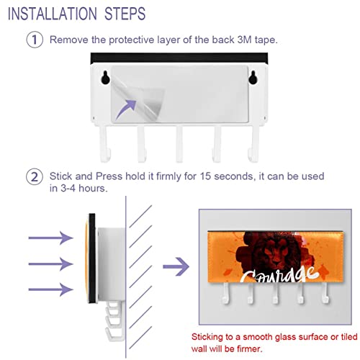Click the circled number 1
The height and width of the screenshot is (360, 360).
35,40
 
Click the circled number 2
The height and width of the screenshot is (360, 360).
35,176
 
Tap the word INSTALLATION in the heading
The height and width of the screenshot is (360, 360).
53,14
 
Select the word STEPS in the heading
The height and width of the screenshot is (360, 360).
125,14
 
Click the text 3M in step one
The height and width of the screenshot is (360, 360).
244,40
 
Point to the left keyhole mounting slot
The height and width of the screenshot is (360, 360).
105,77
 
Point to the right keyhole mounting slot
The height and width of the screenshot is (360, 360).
253,77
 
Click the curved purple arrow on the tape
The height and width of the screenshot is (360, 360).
126,109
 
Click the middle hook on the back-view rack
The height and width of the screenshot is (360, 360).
179,144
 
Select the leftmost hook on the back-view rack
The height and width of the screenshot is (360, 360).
104,144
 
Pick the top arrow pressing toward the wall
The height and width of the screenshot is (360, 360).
51,238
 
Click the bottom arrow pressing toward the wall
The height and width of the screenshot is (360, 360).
51,289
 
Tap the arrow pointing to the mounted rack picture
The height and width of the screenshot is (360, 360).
176,266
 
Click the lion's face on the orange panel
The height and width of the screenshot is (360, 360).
276,254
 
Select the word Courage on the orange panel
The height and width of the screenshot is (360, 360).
280,274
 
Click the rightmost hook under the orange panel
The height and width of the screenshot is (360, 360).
325,293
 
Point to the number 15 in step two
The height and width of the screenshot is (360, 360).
205,176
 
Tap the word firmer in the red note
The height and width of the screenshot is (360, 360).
249,348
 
